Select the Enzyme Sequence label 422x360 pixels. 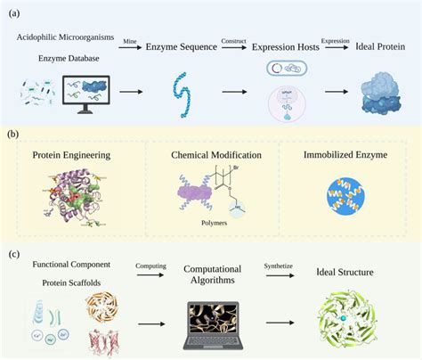tap(182, 50)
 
